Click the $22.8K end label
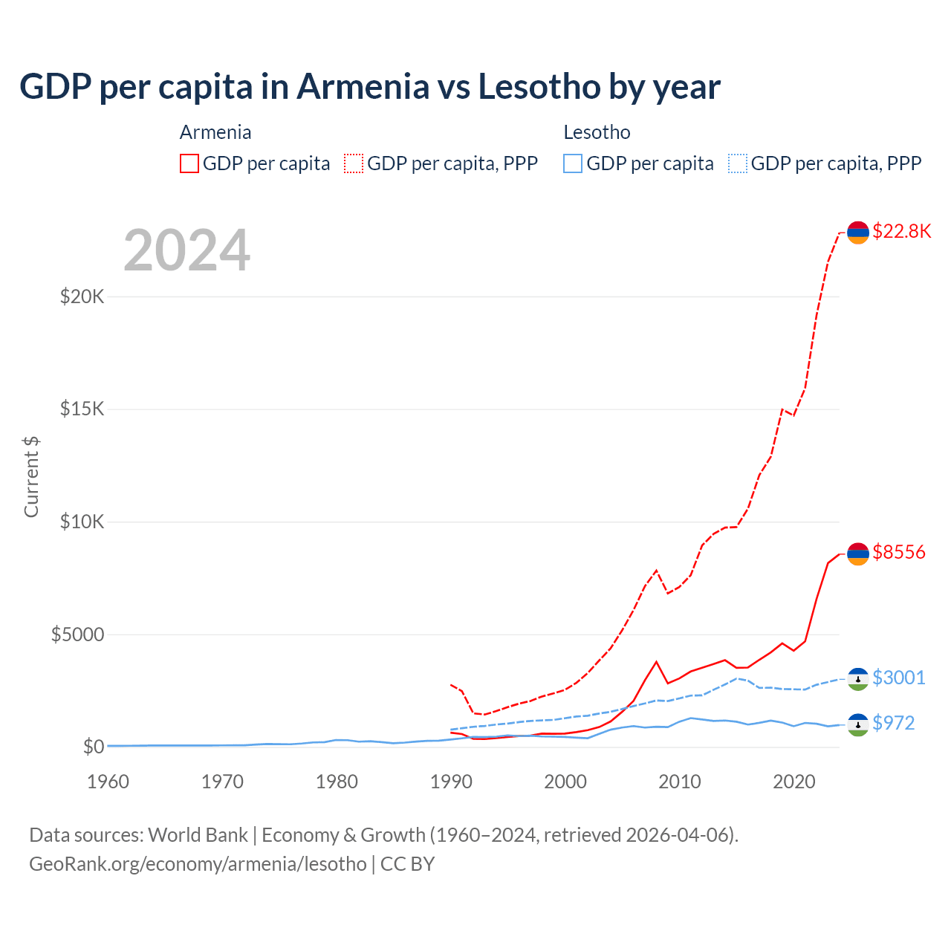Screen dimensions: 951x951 click(901, 231)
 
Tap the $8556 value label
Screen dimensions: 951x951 click(898, 552)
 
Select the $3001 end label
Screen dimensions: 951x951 click(898, 678)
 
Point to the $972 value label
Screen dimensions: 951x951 click(893, 723)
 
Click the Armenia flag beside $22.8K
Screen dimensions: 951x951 click(857, 233)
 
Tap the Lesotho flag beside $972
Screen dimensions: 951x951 click(857, 725)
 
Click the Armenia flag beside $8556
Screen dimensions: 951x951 click(857, 554)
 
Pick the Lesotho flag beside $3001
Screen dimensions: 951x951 click(857, 679)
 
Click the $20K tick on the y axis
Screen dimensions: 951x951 click(82, 297)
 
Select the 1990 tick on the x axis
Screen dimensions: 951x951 click(451, 782)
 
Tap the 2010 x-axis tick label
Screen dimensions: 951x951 click(680, 782)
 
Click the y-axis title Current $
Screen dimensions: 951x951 click(31, 476)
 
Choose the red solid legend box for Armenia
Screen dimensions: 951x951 click(189, 163)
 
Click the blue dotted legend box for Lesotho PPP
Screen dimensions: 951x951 click(738, 163)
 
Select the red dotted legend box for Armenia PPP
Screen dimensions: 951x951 click(354, 163)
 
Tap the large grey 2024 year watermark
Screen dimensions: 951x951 click(186, 250)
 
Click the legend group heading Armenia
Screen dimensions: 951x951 click(215, 132)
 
